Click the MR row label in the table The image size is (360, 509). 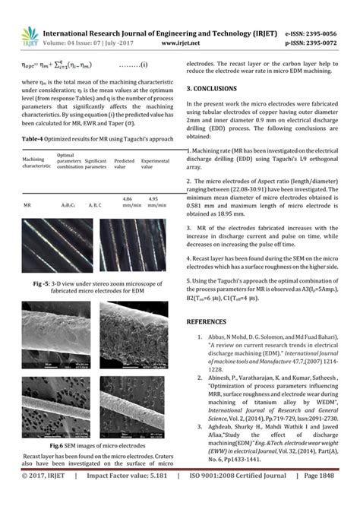point(27,204)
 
